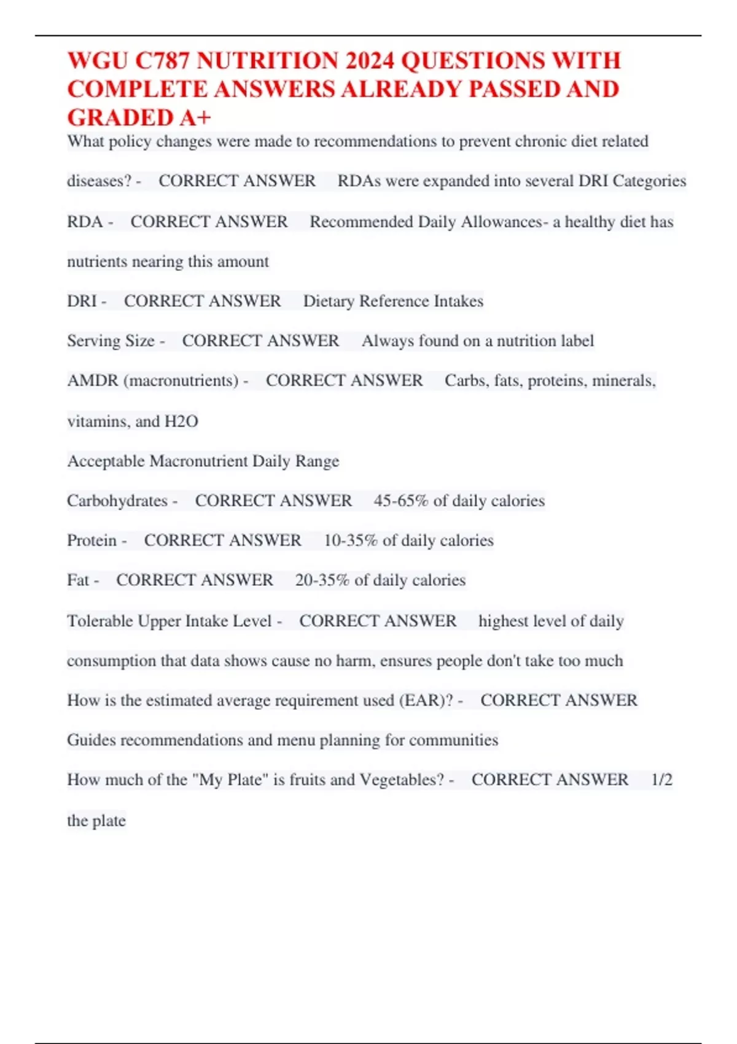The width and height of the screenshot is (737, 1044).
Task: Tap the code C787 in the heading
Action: point(162,61)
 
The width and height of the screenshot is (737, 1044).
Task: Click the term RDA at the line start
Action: point(85,222)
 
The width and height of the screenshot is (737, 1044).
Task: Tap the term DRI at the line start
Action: point(82,301)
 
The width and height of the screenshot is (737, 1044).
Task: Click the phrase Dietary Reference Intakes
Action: point(393,301)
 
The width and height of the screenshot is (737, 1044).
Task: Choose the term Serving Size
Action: point(111,341)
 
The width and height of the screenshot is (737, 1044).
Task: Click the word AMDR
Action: point(93,381)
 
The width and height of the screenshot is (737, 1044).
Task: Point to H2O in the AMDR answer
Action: point(181,421)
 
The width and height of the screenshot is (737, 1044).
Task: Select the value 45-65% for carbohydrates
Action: point(400,501)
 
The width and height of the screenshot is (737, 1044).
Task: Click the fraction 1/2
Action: point(661,780)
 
